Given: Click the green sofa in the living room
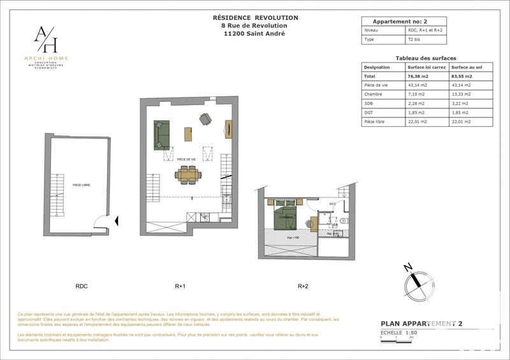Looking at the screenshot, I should [x=161, y=134].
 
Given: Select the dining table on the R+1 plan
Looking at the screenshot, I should [x=188, y=173].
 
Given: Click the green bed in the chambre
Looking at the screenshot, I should [x=286, y=217].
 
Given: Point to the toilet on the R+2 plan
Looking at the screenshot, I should [x=343, y=220].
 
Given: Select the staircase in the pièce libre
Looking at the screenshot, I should [x=58, y=189].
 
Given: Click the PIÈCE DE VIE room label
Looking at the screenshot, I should [x=186, y=160].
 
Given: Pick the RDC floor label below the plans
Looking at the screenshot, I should [x=82, y=286].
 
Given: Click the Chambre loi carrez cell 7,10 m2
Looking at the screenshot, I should [x=418, y=94].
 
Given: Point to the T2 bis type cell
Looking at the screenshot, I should [x=415, y=40].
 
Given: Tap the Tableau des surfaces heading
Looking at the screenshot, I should [x=426, y=58].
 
